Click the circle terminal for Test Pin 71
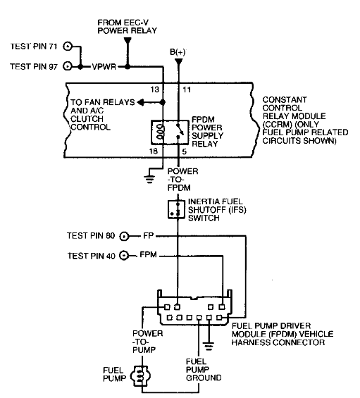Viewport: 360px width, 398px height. pyautogui.click(x=68, y=47)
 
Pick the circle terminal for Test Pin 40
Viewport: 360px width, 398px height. pyautogui.click(x=125, y=256)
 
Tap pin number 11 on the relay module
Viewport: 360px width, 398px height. pyautogui.click(x=186, y=91)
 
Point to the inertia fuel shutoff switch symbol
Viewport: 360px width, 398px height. pyautogui.click(x=174, y=208)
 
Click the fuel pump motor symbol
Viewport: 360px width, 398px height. pyautogui.click(x=141, y=375)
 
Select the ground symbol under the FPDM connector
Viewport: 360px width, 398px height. pyautogui.click(x=208, y=346)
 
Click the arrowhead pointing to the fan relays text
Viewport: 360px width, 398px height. pyautogui.click(x=140, y=102)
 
